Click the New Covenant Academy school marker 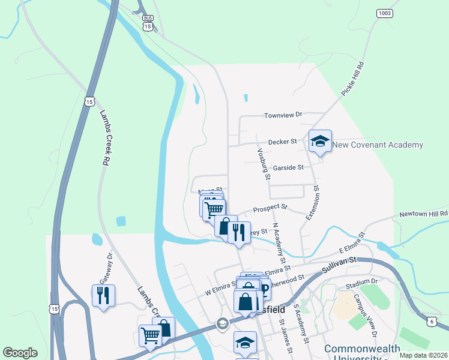coord(319,142)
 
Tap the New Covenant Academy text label coord(378,145)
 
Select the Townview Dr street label coord(285,114)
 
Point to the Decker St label coord(283,142)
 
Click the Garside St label coord(289,168)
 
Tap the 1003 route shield coord(385,13)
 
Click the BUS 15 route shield coord(148,23)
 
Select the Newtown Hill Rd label coord(423,214)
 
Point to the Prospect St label coord(267,208)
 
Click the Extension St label coord(313,202)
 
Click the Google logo coord(20,352)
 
